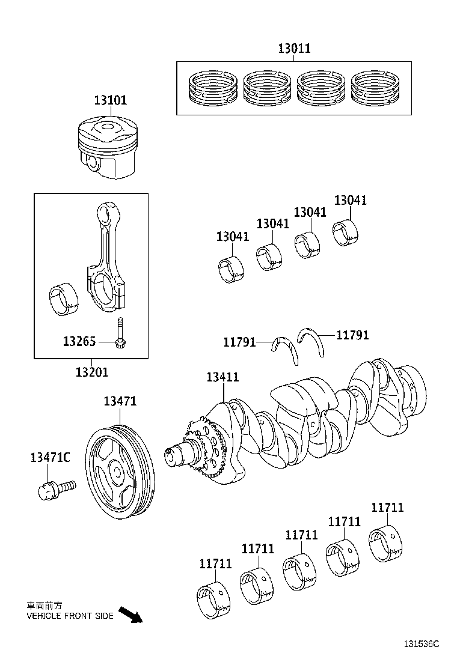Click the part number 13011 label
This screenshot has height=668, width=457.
click(294, 49)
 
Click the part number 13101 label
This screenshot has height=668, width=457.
click(109, 100)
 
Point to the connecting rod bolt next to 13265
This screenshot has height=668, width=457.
click(121, 333)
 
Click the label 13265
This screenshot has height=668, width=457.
click(79, 342)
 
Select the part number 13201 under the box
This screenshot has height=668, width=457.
click(92, 372)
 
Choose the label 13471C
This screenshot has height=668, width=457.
click(50, 457)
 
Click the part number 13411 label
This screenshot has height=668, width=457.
click(222, 377)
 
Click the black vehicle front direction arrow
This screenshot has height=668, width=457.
click(130, 615)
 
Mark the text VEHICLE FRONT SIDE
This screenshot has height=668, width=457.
click(69, 616)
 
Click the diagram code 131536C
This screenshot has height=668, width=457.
click(421, 643)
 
